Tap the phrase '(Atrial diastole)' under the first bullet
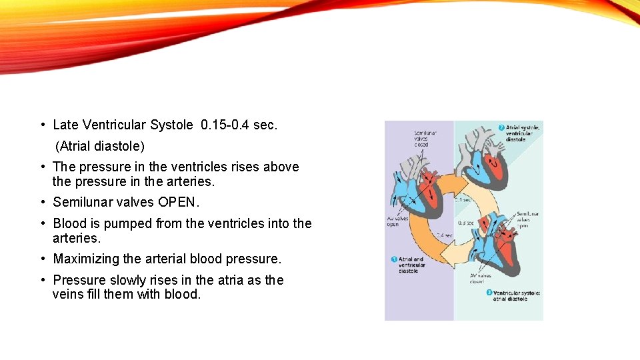(99, 145)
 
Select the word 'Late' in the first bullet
(65, 125)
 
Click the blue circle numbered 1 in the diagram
(394, 259)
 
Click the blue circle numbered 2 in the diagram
(501, 127)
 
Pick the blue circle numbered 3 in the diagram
(489, 292)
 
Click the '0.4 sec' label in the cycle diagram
(445, 235)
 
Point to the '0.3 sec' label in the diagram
(466, 223)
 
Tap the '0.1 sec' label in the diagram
(464, 199)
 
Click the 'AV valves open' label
(397, 221)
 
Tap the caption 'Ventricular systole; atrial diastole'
(517, 295)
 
